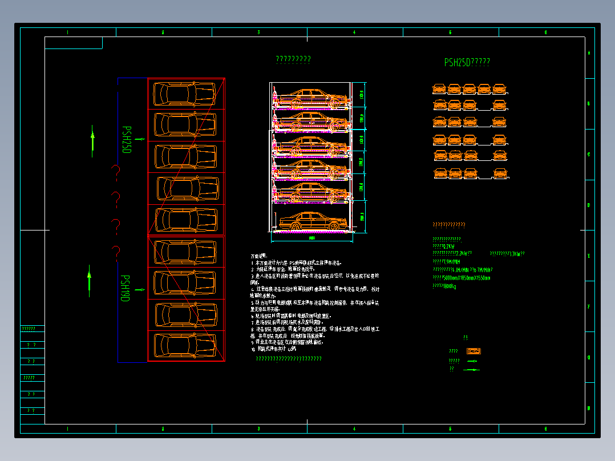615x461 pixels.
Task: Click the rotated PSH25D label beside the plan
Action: [127, 140]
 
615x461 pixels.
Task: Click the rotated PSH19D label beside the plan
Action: [125, 288]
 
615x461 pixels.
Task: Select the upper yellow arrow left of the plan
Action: [93, 143]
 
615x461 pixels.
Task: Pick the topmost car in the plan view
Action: [185, 94]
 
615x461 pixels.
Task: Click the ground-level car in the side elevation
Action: [311, 221]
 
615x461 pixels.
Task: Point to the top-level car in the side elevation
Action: [311, 98]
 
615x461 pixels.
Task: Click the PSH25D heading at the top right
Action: [467, 63]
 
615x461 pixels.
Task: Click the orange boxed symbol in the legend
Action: [474, 351]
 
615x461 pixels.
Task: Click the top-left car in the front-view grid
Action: [439, 88]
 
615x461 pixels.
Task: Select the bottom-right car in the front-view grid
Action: [499, 172]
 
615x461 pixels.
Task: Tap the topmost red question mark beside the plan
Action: [116, 171]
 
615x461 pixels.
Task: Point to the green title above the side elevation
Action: [293, 59]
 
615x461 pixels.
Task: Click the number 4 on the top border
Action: [354, 33]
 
